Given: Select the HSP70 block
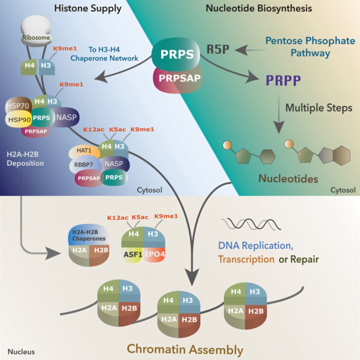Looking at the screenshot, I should point(18,106).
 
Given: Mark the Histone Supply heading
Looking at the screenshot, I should point(88,8).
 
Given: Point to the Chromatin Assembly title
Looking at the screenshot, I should point(185,349).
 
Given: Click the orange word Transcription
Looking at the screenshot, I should point(246,259).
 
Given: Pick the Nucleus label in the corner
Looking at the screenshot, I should point(21,351).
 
